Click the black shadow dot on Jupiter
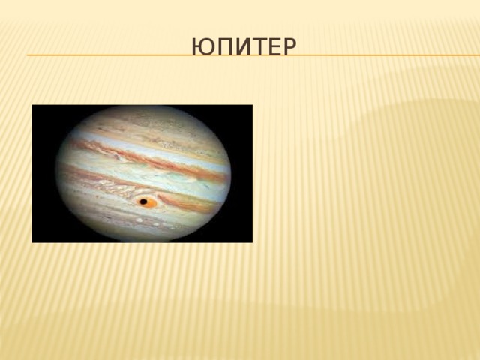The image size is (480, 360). tap(142, 201)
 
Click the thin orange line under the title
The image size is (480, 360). tap(112, 56)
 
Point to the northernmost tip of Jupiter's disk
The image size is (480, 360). tap(142, 107)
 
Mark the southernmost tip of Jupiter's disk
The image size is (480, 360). tap(142, 241)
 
